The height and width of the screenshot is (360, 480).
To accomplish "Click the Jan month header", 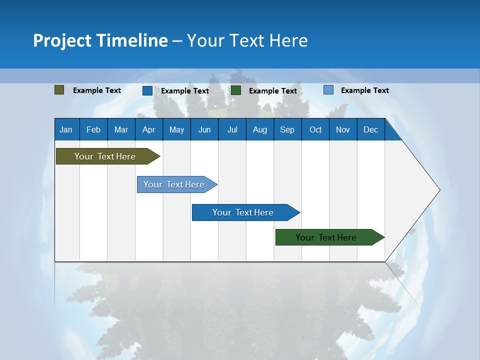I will pyautogui.click(x=66, y=129).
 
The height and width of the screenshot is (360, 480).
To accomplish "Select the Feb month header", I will pyautogui.click(x=93, y=129).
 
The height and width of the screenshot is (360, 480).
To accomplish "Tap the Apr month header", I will pyautogui.click(x=148, y=129).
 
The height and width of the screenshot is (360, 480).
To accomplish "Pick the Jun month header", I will pyautogui.click(x=204, y=129).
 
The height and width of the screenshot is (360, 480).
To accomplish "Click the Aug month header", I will pyautogui.click(x=259, y=129).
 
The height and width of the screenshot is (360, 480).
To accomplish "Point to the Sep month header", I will pyautogui.click(x=287, y=129).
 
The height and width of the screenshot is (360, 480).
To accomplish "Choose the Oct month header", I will pyautogui.click(x=315, y=129).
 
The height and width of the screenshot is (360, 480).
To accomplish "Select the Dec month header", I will pyautogui.click(x=370, y=129).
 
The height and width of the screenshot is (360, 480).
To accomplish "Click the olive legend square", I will pyautogui.click(x=59, y=90).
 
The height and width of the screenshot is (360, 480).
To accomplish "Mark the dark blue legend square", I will pyautogui.click(x=147, y=90).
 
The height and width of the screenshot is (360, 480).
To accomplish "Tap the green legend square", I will pyautogui.click(x=236, y=90).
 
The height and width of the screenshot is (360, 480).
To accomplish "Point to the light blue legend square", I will pyautogui.click(x=328, y=90).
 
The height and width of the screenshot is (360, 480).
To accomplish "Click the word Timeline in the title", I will pyautogui.click(x=132, y=40).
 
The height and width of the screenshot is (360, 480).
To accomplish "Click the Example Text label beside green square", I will pyautogui.click(x=272, y=91).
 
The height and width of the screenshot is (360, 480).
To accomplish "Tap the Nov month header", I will pyautogui.click(x=343, y=129).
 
